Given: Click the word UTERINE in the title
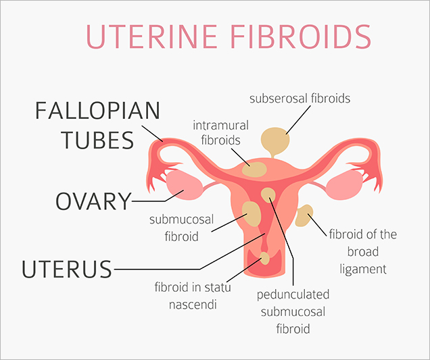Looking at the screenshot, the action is click(x=151, y=36).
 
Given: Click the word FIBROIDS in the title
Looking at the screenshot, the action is click(x=301, y=36).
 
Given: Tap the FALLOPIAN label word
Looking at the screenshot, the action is click(x=97, y=111).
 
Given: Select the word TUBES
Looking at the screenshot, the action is click(x=97, y=140).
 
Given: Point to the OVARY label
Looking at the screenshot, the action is click(x=93, y=201).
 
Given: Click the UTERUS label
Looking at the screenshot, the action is click(x=67, y=269).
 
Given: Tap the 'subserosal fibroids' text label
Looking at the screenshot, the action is click(x=300, y=99).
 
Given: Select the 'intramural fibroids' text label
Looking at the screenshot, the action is click(x=221, y=132).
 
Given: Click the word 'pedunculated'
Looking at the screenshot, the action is click(x=293, y=294).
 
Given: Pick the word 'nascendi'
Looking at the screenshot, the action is click(x=193, y=305).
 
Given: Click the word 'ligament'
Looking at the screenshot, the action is click(x=363, y=269).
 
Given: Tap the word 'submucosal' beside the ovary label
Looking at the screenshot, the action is click(x=182, y=220).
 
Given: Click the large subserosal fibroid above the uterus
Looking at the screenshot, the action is click(x=275, y=142).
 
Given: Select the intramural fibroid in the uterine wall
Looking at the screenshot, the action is click(x=254, y=170).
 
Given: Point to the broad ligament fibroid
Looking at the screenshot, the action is click(x=304, y=215).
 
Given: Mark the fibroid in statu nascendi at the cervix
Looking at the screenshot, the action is click(x=264, y=259).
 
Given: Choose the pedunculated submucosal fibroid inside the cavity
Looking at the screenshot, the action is click(x=268, y=195).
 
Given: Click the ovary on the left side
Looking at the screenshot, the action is click(x=184, y=185).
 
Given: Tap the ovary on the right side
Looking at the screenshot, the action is click(x=345, y=185).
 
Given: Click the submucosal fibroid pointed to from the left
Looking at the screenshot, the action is click(x=251, y=213).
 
